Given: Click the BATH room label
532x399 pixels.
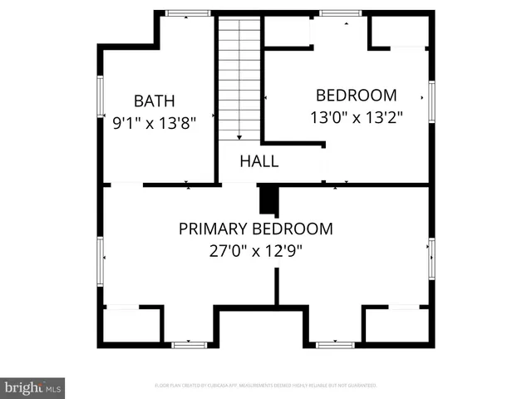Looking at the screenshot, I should coord(155,101).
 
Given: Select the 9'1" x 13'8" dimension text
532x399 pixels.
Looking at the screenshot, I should coord(155,124).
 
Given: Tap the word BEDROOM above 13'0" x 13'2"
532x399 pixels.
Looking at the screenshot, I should coord(356,95).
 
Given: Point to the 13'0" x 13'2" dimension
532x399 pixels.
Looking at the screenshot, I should coord(356,117).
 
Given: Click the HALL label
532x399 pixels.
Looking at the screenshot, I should coord(259,161).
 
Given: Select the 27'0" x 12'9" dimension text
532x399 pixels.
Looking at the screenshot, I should coord(255,250).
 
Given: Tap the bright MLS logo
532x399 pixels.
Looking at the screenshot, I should coord(32,387).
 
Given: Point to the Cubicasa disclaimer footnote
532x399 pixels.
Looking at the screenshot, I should coord(266,386).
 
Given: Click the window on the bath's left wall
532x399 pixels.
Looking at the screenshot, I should coord(101,98).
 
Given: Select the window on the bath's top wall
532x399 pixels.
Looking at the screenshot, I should coord(187,13).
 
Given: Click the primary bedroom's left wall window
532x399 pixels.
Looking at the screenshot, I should coord(101,259).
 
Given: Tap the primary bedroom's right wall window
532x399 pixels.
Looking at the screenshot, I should coord(431,259).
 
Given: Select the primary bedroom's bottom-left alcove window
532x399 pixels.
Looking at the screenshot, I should coord(188,343).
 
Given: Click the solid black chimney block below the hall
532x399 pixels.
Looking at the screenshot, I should coord(268,200).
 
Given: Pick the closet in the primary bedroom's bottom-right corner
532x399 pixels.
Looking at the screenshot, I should coord(397,324).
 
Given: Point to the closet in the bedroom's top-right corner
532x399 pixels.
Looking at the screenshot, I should coord(399,31).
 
